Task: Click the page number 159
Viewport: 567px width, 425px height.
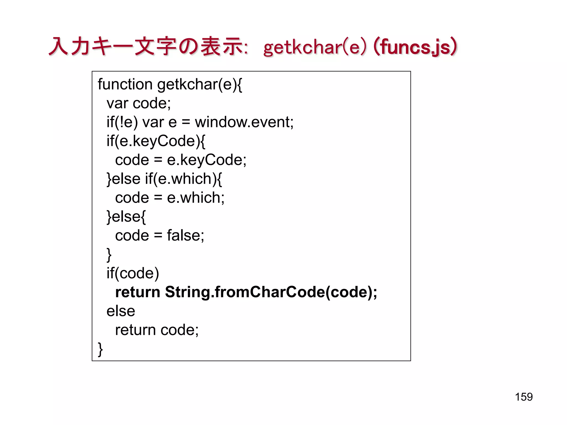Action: pyautogui.click(x=524, y=397)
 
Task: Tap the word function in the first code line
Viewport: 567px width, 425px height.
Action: pyautogui.click(x=125, y=84)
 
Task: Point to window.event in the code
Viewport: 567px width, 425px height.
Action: pyautogui.click(x=244, y=122)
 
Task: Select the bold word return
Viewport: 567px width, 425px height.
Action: pyautogui.click(x=138, y=292)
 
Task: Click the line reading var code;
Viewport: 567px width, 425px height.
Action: pyautogui.click(x=138, y=103)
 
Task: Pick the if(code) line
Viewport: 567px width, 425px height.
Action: pyautogui.click(x=133, y=273)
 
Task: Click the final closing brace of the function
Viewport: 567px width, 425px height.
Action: pyautogui.click(x=100, y=349)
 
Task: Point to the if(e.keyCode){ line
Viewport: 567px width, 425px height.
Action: pyautogui.click(x=156, y=141)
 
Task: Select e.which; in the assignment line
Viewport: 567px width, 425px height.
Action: pyautogui.click(x=195, y=198)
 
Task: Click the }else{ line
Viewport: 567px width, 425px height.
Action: pyautogui.click(x=126, y=217)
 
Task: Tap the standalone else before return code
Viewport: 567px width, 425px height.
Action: pyautogui.click(x=121, y=311)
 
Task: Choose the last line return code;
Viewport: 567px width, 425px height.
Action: pyautogui.click(x=157, y=330)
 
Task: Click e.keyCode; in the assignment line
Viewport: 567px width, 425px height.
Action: pyautogui.click(x=207, y=160)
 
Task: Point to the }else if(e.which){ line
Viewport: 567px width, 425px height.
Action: pyautogui.click(x=164, y=179)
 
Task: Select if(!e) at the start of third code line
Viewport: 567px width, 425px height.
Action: pyautogui.click(x=122, y=122)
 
